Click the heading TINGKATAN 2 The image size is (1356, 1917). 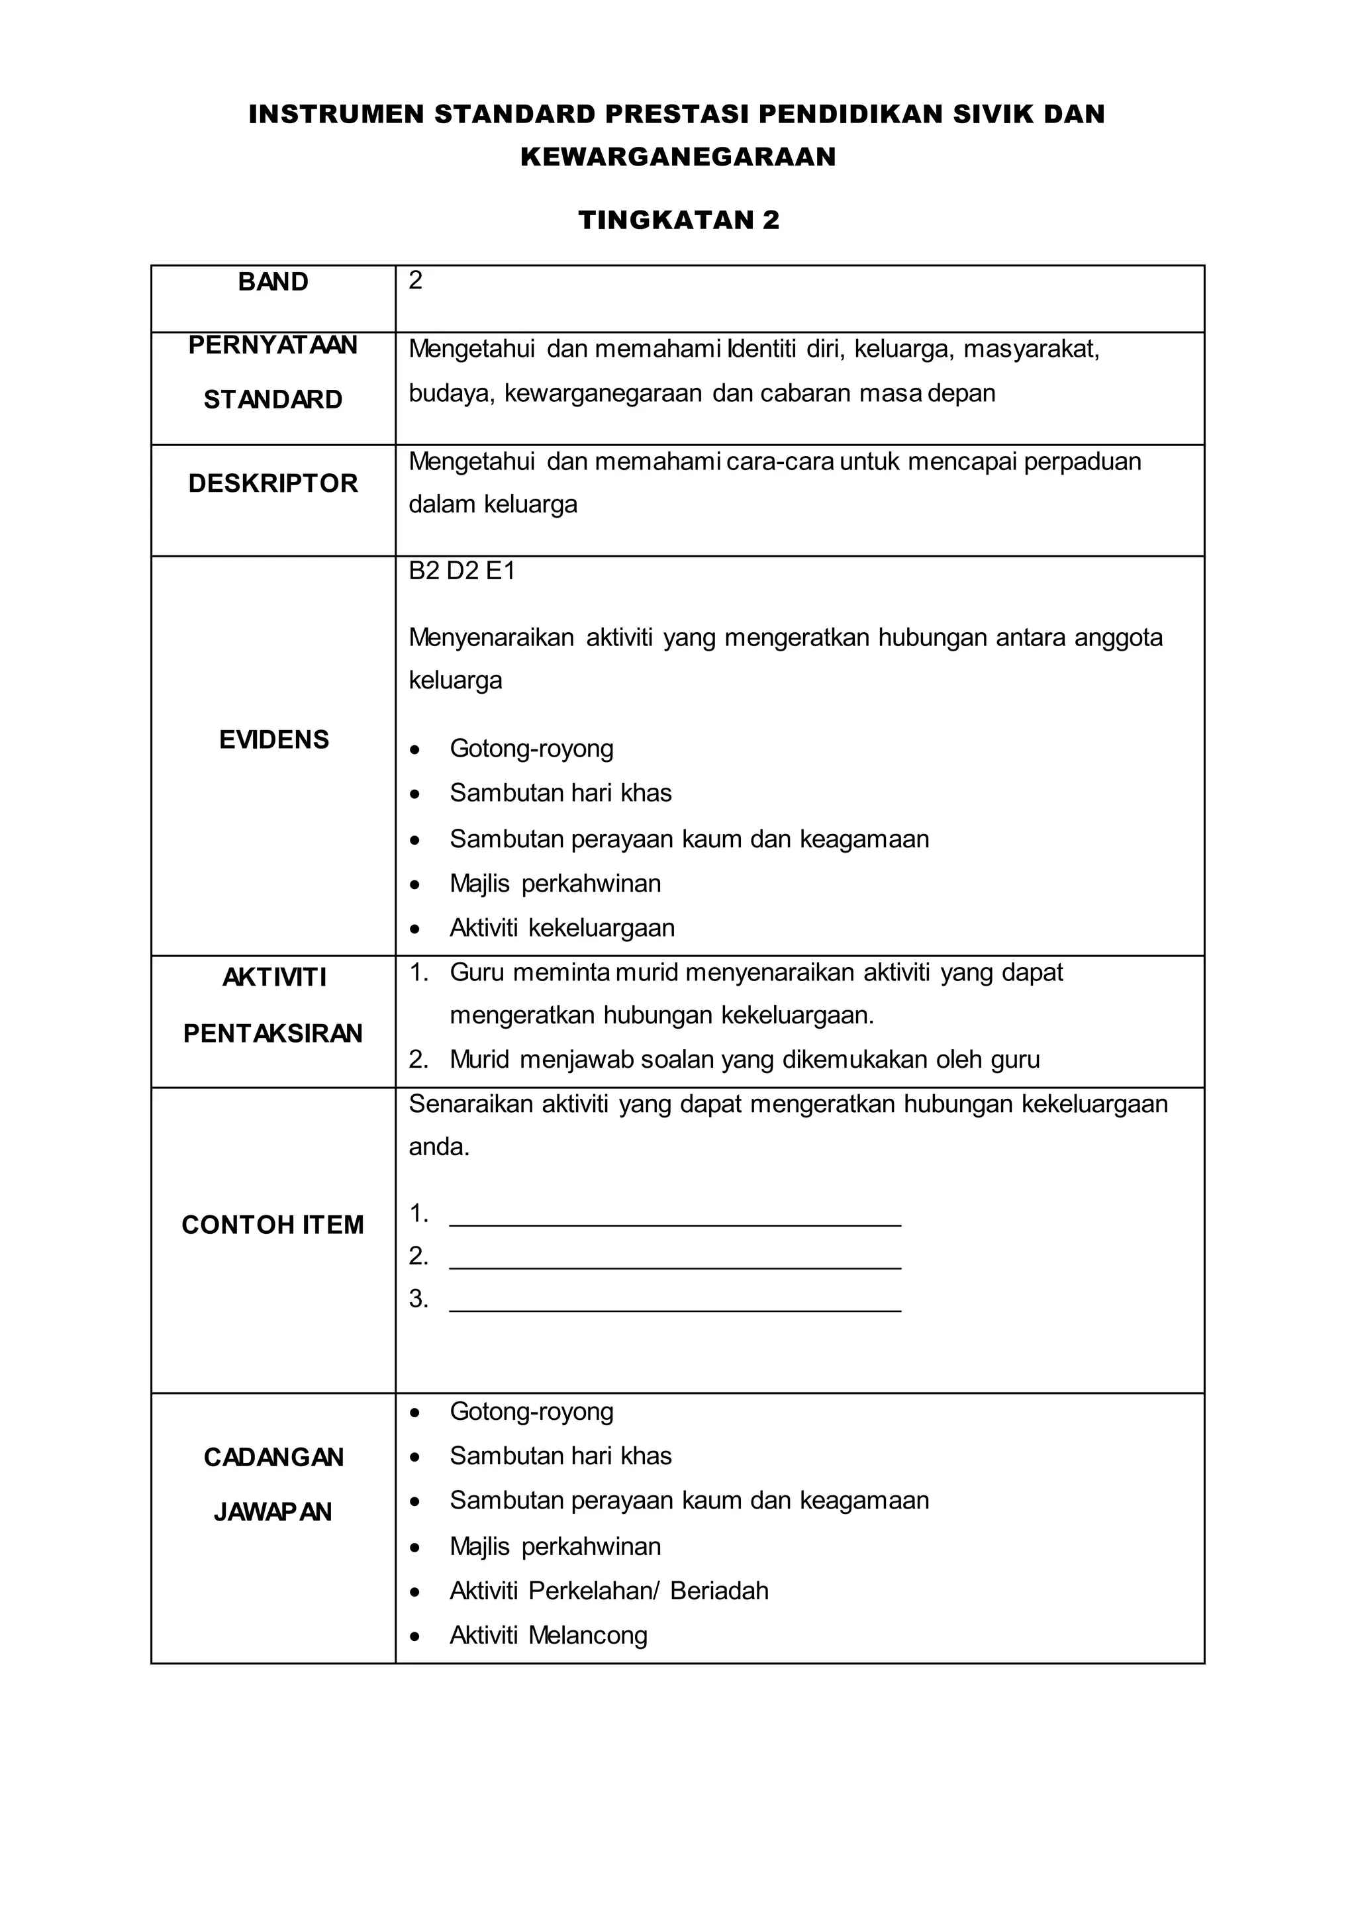(678, 220)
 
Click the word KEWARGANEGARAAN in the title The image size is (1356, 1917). (678, 157)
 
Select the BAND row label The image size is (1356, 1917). (273, 282)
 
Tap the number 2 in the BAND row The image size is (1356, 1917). (416, 281)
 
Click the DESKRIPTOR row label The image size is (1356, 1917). (273, 483)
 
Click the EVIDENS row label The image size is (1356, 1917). (274, 740)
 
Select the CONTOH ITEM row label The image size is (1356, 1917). (273, 1225)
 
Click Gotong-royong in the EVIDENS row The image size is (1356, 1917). (531, 748)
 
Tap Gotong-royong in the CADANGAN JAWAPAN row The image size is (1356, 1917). (531, 1411)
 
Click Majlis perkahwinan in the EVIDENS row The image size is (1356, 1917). (556, 883)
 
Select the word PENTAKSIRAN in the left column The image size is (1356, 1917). (273, 1034)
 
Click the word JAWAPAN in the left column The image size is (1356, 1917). (273, 1512)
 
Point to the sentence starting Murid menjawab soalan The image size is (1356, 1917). (744, 1060)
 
